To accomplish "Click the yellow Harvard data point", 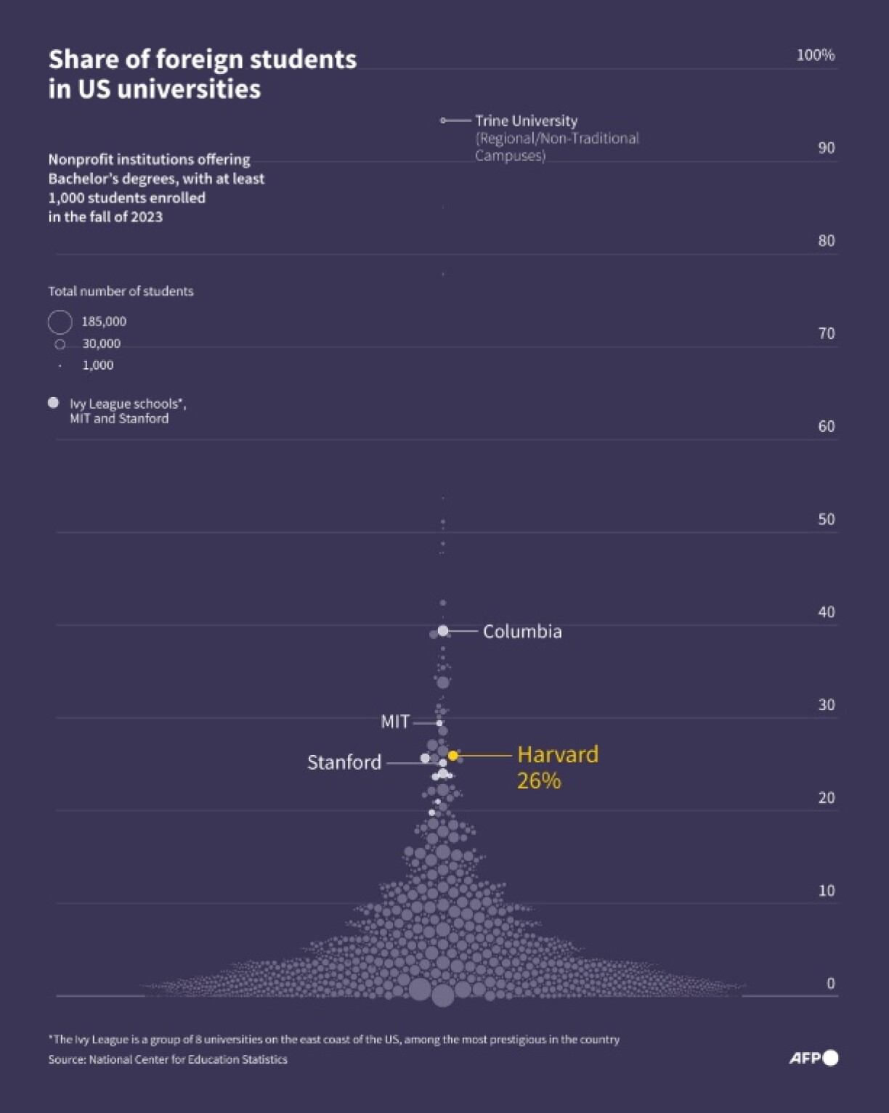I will pyautogui.click(x=453, y=756).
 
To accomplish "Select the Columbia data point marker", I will pyautogui.click(x=443, y=631).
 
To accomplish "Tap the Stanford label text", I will pyautogui.click(x=344, y=762).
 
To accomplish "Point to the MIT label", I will pyautogui.click(x=395, y=722).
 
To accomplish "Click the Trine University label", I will pyautogui.click(x=526, y=121).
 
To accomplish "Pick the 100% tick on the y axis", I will pyautogui.click(x=815, y=55).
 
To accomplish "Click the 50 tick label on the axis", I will pyautogui.click(x=826, y=519).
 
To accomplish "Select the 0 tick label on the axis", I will pyautogui.click(x=830, y=983).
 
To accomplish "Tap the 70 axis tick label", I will pyautogui.click(x=826, y=333).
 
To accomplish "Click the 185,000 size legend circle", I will pyautogui.click(x=60, y=322).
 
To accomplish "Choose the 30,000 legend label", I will pyautogui.click(x=101, y=343).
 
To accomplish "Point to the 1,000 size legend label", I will pyautogui.click(x=97, y=365).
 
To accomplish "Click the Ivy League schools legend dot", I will pyautogui.click(x=53, y=403).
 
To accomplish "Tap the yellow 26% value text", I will pyautogui.click(x=538, y=780).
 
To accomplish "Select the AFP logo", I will pyautogui.click(x=813, y=1058).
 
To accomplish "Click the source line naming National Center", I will pyautogui.click(x=168, y=1059).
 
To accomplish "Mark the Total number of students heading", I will pyautogui.click(x=121, y=291).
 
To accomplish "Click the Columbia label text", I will pyautogui.click(x=521, y=632).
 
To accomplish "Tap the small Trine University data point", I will pyautogui.click(x=443, y=121).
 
